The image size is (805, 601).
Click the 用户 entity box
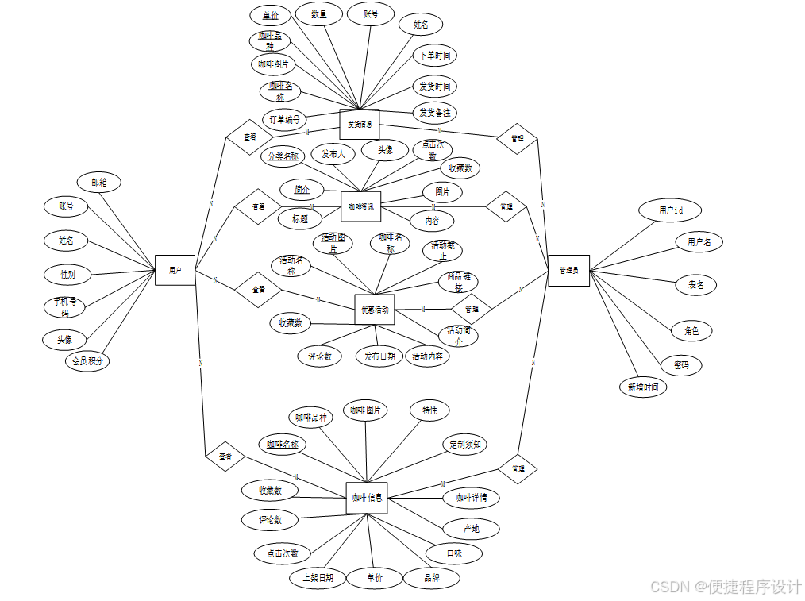[175, 270]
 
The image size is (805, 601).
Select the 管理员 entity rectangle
[568, 271]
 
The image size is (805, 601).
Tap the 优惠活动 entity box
[375, 310]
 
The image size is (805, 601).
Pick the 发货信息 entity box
[360, 125]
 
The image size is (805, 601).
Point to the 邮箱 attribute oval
[99, 183]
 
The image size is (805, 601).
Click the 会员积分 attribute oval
[88, 361]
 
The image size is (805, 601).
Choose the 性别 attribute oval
[67, 275]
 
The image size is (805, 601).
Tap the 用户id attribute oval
[671, 210]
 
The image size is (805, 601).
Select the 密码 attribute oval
[681, 365]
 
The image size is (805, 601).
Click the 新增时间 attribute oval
[643, 387]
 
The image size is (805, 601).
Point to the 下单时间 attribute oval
[435, 56]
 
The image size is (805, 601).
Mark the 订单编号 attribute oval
[284, 120]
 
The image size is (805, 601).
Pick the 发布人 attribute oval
[333, 154]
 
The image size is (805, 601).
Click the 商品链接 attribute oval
[459, 282]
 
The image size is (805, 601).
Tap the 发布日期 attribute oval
[379, 356]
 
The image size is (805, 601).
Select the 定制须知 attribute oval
[464, 445]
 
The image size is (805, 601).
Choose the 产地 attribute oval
[471, 529]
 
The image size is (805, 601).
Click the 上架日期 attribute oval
[318, 578]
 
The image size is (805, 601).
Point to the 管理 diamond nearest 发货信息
[517, 138]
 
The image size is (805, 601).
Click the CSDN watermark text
[726, 587]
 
